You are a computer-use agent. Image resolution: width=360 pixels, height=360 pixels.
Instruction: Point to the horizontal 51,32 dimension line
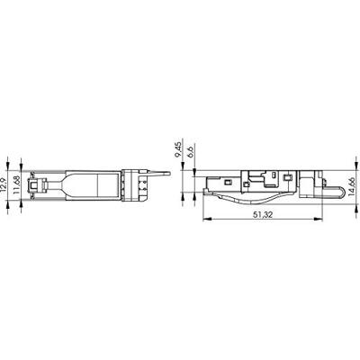(x=270, y=218)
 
